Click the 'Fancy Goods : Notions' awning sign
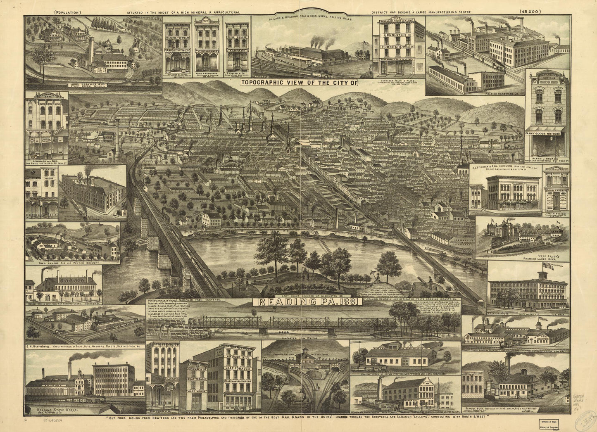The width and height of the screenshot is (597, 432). (545, 133)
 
